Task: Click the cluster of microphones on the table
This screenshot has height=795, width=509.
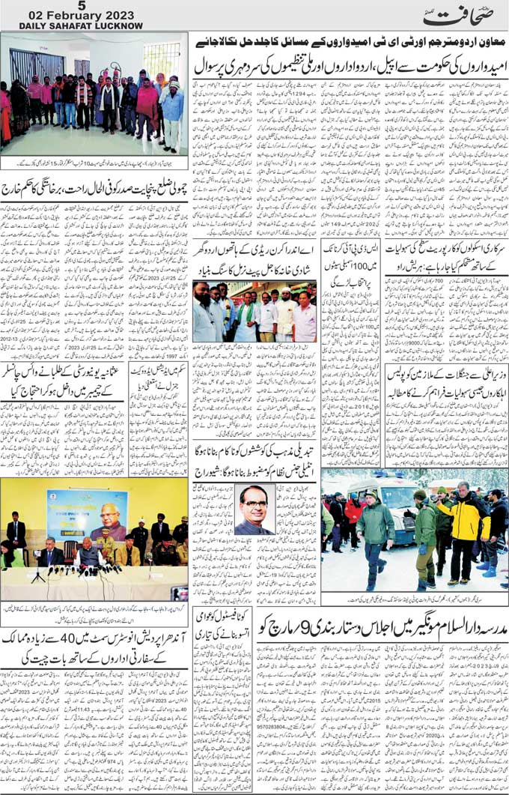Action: (86, 569)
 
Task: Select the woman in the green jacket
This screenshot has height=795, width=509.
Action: (11, 557)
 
